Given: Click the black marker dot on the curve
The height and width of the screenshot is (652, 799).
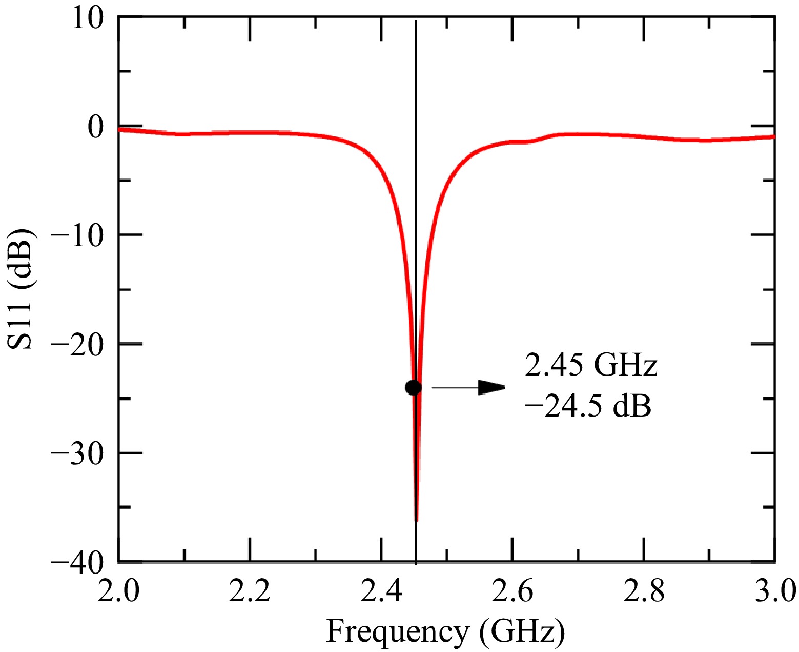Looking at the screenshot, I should [x=413, y=387].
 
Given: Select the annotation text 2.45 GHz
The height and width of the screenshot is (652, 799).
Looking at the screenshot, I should [x=590, y=366].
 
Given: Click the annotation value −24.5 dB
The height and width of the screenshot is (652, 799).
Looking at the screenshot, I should [x=588, y=407].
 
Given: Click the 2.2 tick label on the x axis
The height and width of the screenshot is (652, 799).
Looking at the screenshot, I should [x=250, y=591].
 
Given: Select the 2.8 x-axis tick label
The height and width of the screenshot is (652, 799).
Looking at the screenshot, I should [x=644, y=591].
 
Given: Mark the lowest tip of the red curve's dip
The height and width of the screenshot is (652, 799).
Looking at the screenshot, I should [x=416, y=520].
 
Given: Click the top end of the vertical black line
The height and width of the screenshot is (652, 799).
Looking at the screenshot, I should [x=416, y=21].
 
